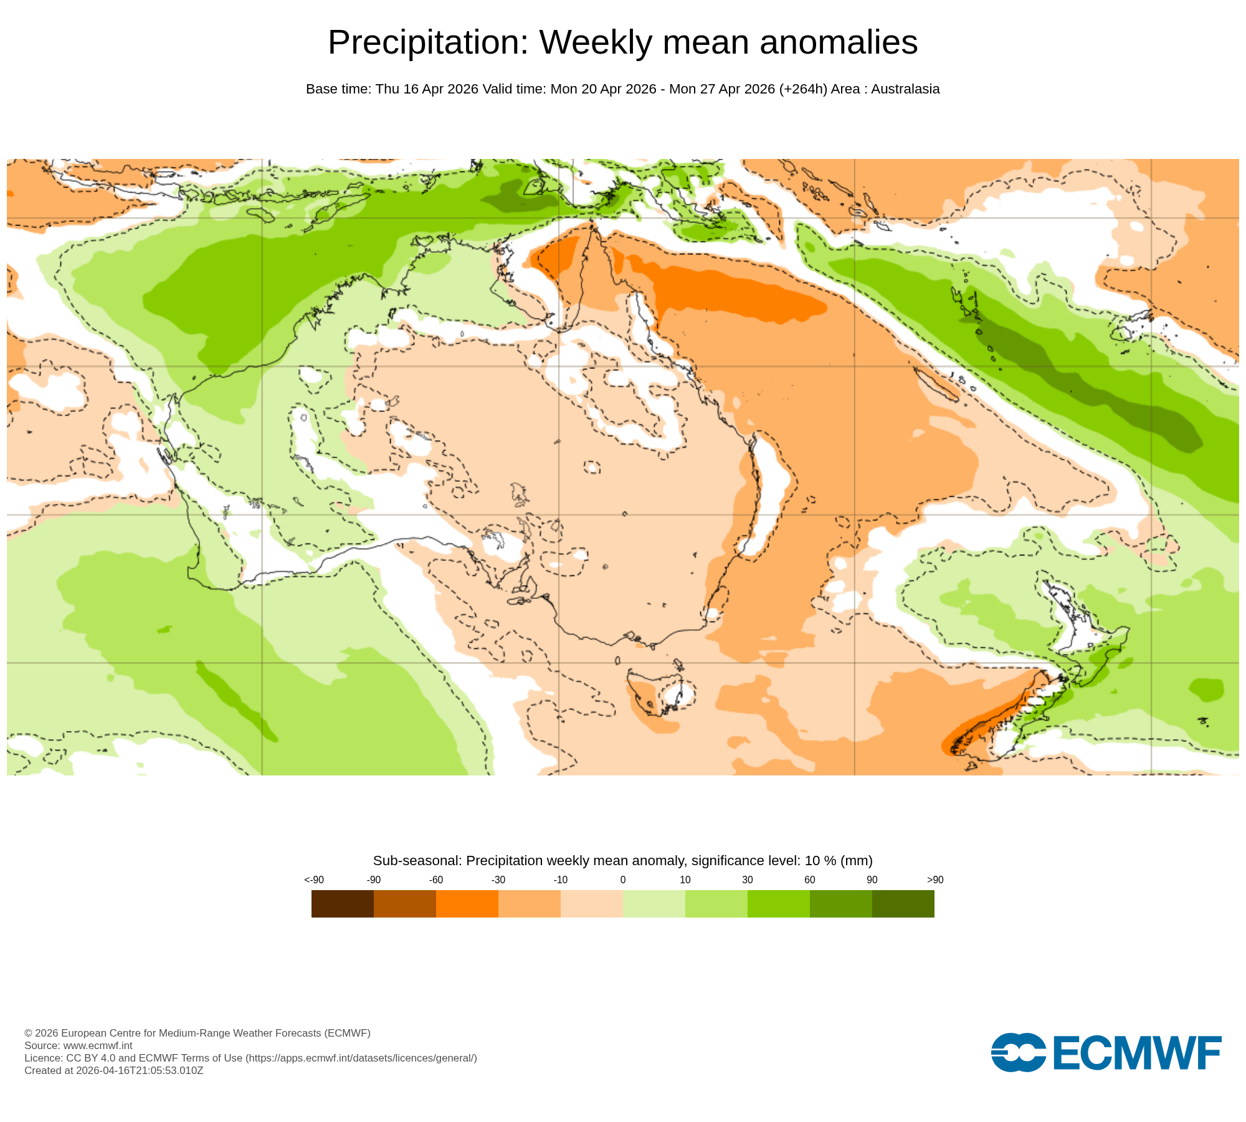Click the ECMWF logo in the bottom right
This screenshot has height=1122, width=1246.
pyautogui.click(x=1106, y=1053)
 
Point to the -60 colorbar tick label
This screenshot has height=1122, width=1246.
pyautogui.click(x=435, y=880)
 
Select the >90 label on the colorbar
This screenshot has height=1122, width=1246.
pyautogui.click(x=934, y=880)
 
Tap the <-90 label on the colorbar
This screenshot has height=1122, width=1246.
pyautogui.click(x=314, y=880)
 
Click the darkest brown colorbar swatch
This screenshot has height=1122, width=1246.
pyautogui.click(x=343, y=903)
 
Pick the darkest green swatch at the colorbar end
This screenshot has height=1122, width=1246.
pyautogui.click(x=903, y=903)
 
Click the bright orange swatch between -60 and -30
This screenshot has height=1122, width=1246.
pyautogui.click(x=467, y=903)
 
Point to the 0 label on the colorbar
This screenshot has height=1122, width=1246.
pyautogui.click(x=623, y=880)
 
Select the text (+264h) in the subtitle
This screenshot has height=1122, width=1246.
pyautogui.click(x=803, y=89)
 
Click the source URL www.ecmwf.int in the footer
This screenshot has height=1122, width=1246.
pyautogui.click(x=98, y=1045)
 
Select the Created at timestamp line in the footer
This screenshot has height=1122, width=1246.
pyautogui.click(x=114, y=1070)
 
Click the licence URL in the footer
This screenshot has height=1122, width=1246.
pyautogui.click(x=361, y=1058)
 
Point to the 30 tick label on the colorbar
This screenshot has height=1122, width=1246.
pyautogui.click(x=748, y=880)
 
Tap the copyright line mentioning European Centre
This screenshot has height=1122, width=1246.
pyautogui.click(x=197, y=1033)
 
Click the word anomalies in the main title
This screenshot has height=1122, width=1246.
pyautogui.click(x=839, y=42)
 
